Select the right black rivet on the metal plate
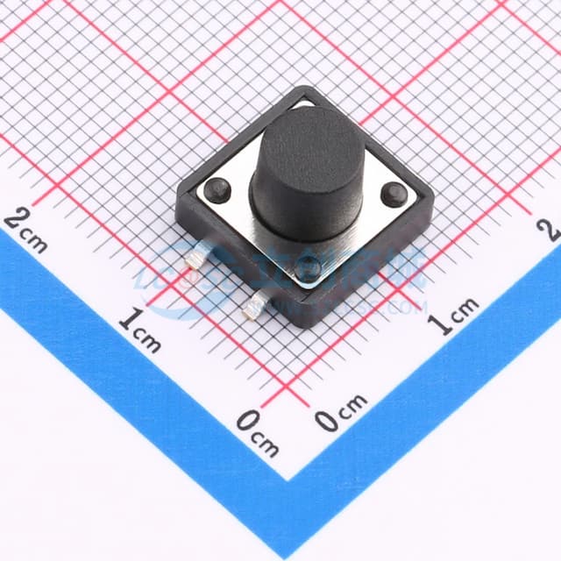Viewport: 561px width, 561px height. [x=394, y=194]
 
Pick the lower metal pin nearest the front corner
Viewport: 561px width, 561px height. [x=256, y=305]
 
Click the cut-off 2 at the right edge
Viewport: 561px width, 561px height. [x=550, y=230]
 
